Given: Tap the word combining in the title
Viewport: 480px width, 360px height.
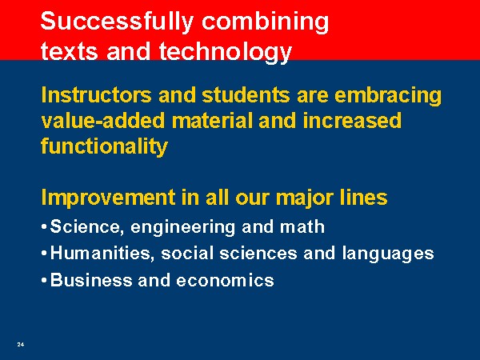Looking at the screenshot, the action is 265,22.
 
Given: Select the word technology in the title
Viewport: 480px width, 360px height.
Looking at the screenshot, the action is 225,51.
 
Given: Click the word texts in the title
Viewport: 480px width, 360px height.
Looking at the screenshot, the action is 69,51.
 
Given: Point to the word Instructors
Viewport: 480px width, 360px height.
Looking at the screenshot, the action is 97,95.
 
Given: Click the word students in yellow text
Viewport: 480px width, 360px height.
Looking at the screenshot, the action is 246,95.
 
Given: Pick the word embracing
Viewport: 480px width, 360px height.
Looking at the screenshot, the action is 388,96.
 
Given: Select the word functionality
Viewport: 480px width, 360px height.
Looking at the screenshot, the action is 104,147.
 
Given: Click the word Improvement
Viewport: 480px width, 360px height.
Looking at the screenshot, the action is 108,198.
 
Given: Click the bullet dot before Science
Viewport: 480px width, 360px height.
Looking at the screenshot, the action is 44,227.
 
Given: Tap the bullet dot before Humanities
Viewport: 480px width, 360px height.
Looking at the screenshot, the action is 44,254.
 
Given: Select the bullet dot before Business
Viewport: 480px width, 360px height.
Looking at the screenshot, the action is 44,281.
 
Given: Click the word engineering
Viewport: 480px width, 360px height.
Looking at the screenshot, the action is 182,228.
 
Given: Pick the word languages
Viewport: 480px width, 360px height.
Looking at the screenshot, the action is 388,254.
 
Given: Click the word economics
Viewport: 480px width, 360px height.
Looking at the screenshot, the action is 225,281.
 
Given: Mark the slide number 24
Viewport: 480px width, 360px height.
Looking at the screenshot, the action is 21,344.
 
